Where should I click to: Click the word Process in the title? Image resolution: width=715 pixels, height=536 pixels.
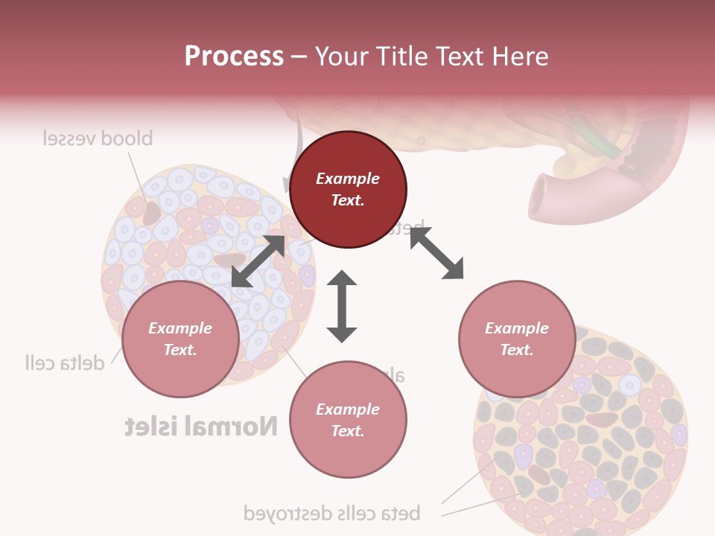point(234,57)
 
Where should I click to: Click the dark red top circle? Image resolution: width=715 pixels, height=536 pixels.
point(348,189)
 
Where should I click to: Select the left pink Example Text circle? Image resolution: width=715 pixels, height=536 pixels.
point(180,339)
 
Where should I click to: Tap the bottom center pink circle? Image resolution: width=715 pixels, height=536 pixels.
point(348,420)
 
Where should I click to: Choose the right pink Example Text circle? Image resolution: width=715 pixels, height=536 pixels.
point(517,339)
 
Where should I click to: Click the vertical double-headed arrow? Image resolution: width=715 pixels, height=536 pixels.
point(342,307)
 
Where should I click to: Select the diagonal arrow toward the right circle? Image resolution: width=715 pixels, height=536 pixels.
point(436,254)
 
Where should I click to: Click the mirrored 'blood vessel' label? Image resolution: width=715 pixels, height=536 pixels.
point(98,138)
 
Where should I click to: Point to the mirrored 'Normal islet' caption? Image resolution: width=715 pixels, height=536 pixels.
point(201,427)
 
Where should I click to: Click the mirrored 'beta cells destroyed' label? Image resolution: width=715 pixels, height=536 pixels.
point(332,513)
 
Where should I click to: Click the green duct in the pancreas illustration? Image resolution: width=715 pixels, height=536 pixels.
point(600,141)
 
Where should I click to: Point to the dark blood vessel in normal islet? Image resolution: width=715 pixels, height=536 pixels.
point(152,213)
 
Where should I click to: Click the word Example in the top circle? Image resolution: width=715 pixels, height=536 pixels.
point(348,179)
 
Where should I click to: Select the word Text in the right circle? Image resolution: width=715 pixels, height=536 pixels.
point(517,350)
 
